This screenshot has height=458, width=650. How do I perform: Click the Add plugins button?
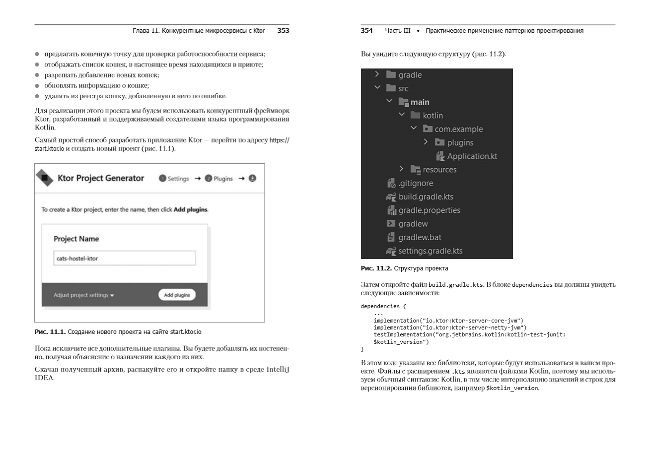pos(177,295)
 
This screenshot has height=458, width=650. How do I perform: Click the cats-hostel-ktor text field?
pos(124,258)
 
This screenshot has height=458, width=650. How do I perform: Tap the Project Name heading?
pos(76,239)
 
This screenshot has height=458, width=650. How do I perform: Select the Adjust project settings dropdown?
pos(83,295)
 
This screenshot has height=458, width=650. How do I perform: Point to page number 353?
pos(283,31)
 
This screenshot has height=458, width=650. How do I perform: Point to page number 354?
pos(366,31)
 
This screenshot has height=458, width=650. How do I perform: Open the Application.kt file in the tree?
pos(471,156)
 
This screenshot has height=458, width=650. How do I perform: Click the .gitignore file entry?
pos(415,183)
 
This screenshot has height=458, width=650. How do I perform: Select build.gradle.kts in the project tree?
pos(426,196)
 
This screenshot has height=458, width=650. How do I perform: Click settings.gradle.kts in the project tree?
pos(430,251)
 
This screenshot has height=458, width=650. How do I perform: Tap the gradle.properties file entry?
pos(429,210)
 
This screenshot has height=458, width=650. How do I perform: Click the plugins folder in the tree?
pos(460,142)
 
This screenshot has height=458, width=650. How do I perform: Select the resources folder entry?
pos(439,170)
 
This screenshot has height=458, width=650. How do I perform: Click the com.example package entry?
pos(458,129)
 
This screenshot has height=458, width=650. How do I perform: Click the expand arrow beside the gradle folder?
pos(377,74)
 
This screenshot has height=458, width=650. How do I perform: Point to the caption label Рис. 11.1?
pos(49,331)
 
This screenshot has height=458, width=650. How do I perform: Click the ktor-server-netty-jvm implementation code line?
pos(450,327)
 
